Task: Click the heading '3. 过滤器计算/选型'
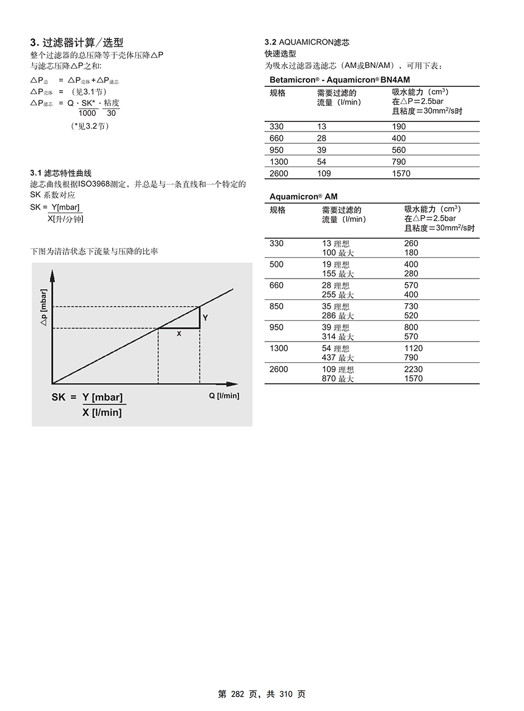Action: [x=76, y=42]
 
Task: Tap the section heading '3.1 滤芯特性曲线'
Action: [x=61, y=173]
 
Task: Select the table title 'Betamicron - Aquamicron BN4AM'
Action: [x=339, y=80]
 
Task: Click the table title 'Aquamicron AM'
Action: [x=303, y=197]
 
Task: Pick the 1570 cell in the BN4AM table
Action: [x=401, y=173]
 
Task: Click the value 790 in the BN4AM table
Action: [x=399, y=162]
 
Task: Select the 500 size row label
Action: [x=276, y=265]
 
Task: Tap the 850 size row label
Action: [x=276, y=306]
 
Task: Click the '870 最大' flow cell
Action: [x=338, y=379]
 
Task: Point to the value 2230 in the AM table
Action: [x=413, y=369]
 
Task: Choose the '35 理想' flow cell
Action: [x=336, y=306]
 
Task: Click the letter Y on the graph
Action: [x=205, y=318]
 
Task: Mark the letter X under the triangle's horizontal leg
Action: [x=179, y=334]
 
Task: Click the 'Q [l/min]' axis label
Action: [x=224, y=396]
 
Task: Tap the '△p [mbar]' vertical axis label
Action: [x=44, y=307]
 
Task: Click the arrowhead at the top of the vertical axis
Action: [x=52, y=274]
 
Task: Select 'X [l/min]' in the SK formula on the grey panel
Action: [x=101, y=412]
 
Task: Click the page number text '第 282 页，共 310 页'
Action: [x=261, y=694]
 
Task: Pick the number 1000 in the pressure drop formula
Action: [x=87, y=113]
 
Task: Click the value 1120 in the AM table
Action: [x=413, y=348]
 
